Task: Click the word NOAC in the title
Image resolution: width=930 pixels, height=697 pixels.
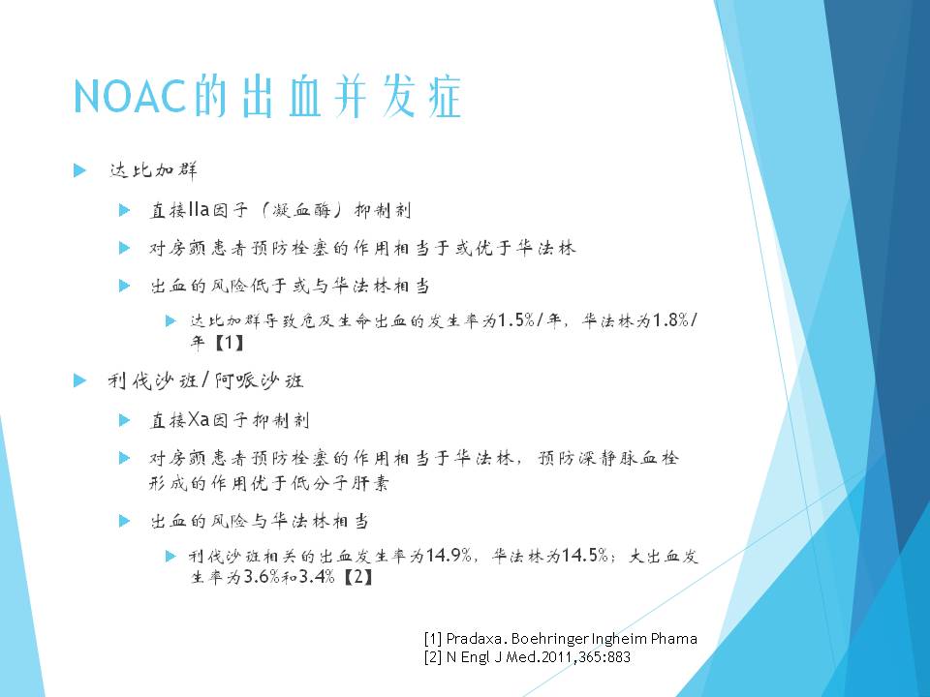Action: (131, 96)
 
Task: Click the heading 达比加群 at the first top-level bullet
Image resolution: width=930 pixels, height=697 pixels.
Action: (153, 170)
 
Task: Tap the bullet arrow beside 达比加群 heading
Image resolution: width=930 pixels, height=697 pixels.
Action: (79, 170)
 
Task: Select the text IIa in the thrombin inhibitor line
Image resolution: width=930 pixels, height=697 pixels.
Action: (199, 209)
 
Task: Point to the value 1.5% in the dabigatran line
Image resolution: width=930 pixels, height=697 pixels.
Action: (516, 320)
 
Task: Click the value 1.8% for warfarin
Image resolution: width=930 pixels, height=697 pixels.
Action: (670, 320)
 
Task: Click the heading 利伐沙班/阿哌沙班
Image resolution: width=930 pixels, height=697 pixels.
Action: (205, 380)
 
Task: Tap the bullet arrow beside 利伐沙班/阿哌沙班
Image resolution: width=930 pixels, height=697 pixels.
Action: (79, 380)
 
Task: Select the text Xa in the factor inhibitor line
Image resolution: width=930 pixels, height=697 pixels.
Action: (199, 419)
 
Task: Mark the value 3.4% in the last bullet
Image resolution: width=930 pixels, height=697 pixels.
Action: (317, 576)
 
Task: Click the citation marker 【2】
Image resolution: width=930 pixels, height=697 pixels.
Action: (358, 576)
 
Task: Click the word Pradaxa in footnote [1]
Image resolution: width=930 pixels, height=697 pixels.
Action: (475, 639)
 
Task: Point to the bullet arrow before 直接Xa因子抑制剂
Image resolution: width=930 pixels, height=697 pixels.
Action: (125, 420)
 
